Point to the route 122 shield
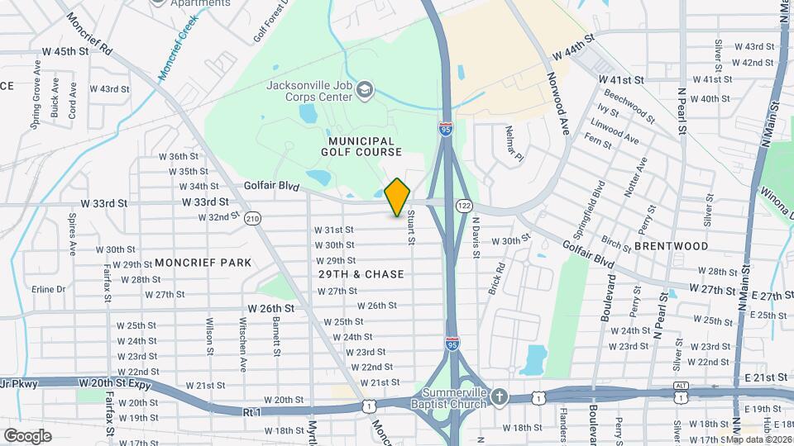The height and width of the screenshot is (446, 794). point(463,204)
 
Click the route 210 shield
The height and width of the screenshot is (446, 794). point(252,218)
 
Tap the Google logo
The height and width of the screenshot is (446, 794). point(27,435)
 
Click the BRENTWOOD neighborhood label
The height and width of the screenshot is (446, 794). point(672,246)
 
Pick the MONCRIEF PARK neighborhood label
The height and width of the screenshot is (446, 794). point(203,263)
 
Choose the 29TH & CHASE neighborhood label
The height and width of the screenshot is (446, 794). point(361,274)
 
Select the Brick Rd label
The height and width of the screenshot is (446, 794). point(499,279)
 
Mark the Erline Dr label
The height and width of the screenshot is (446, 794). point(48,289)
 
